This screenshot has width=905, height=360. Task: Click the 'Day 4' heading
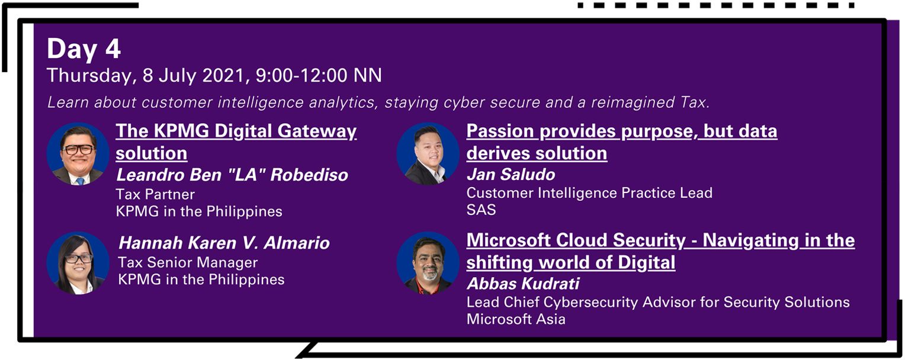(84, 49)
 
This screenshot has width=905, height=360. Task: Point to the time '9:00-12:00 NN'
(319, 76)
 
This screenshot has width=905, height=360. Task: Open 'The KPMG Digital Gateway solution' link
(236, 142)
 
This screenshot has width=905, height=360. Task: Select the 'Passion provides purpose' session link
(622, 142)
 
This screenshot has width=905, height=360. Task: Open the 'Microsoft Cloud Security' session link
(660, 251)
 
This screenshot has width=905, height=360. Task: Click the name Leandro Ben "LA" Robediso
(232, 175)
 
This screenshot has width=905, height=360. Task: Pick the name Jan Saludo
(511, 175)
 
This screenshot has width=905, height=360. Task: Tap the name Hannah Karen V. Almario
(224, 243)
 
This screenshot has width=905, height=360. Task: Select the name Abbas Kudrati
(523, 284)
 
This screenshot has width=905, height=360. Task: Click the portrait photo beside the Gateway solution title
(78, 154)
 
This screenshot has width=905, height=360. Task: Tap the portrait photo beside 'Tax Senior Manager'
(78, 263)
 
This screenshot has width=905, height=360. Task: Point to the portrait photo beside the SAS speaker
(428, 154)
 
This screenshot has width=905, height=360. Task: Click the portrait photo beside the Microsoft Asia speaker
(428, 263)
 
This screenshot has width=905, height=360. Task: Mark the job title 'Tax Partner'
(155, 194)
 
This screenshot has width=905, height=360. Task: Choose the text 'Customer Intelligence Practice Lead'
(589, 193)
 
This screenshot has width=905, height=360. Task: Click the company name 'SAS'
(481, 210)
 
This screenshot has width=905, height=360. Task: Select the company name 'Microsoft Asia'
(516, 319)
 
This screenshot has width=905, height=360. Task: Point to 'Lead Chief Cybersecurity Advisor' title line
(658, 302)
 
